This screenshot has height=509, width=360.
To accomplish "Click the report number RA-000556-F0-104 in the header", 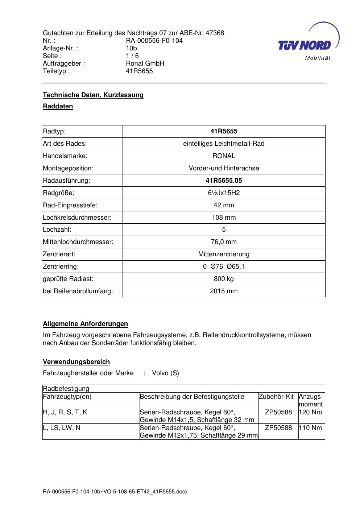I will click(154, 41).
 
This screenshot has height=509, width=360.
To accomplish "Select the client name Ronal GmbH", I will click(145, 63).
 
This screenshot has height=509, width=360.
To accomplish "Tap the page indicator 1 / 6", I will click(132, 56).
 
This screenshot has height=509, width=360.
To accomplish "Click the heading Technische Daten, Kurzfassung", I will click(93, 95).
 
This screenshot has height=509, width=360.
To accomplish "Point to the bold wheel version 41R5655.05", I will click(224, 181).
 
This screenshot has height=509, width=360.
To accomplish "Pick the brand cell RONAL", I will click(224, 156).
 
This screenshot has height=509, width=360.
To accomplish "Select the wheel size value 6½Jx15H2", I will click(224, 193).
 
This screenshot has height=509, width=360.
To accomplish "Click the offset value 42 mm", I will click(224, 205).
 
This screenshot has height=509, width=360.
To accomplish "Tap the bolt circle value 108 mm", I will click(224, 218).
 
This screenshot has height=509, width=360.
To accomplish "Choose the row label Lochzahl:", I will click(57, 229).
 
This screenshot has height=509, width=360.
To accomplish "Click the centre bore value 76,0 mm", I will click(224, 242).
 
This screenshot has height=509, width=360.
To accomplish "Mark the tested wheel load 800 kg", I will click(224, 279).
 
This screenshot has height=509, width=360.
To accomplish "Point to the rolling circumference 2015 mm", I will click(224, 291).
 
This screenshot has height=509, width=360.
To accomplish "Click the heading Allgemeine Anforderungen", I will click(85, 324).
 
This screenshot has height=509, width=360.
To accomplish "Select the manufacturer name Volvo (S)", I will click(165, 373).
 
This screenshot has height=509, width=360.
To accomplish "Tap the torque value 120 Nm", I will click(311, 412).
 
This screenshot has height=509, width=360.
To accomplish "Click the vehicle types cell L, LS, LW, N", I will click(62, 428).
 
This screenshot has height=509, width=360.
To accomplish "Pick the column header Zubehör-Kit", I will click(276, 397).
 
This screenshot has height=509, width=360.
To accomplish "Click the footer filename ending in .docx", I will click(115, 492).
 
